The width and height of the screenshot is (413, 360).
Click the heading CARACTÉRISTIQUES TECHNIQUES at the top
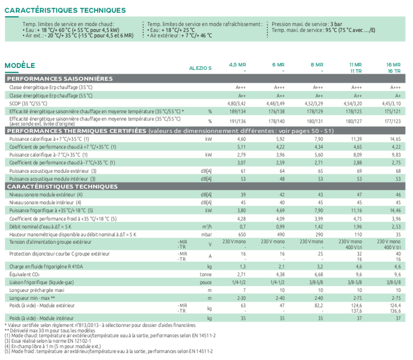click(65, 10)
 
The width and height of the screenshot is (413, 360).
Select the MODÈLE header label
click(20, 65)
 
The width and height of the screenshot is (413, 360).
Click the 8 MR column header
click(318, 65)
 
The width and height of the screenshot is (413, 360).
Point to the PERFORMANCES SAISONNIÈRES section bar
click(60, 78)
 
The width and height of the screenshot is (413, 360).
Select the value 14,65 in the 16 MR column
click(395, 139)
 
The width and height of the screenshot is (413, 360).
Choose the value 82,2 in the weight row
click(318, 306)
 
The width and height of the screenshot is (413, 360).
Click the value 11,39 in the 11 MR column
click(356, 139)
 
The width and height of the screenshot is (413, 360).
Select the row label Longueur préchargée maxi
click(35, 290)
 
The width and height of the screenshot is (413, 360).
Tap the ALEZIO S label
click(200, 68)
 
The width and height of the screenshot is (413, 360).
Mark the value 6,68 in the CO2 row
click(318, 274)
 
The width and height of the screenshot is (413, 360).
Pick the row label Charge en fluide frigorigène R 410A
click(47, 266)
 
